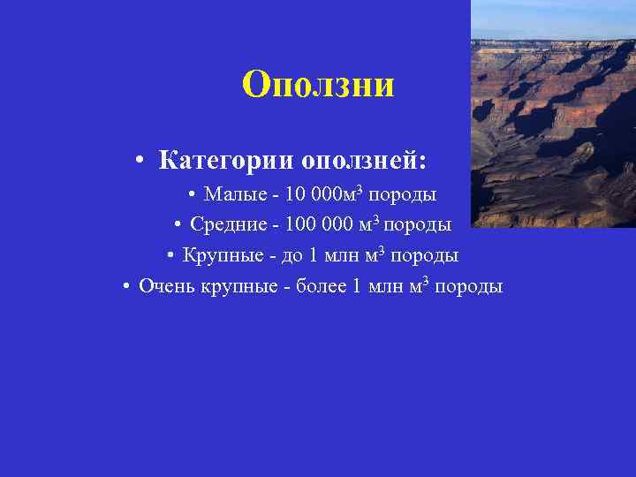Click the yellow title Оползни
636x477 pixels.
(318, 86)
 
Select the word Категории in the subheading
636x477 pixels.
(228, 162)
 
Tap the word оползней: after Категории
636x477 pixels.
(365, 162)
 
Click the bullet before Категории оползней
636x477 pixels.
(140, 163)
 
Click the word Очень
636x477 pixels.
(164, 287)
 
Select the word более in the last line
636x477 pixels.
(322, 287)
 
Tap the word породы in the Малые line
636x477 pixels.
(402, 193)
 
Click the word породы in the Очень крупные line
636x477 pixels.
(470, 287)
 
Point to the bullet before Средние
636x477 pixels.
(178, 225)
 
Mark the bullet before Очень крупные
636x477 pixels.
(127, 287)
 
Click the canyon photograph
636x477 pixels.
(553, 132)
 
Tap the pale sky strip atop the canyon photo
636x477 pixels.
(553, 18)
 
